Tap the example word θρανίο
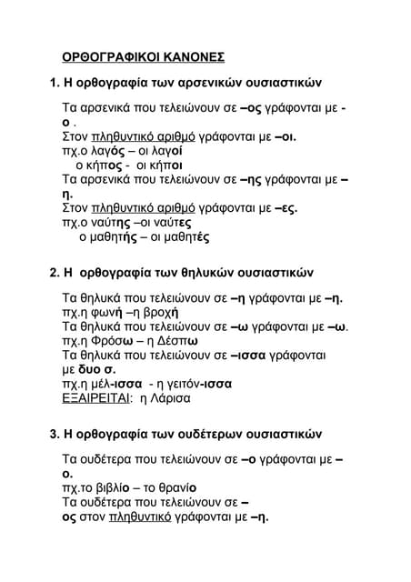[x=175, y=488]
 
